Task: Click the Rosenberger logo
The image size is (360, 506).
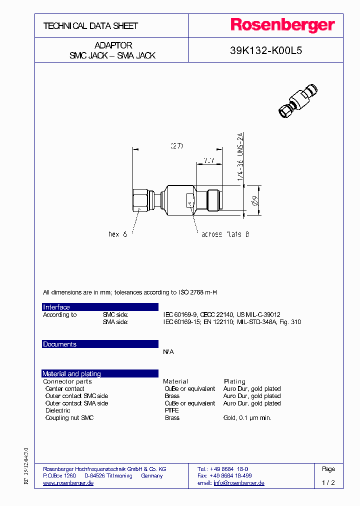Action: tap(282, 25)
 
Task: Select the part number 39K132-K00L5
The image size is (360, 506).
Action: tap(265, 50)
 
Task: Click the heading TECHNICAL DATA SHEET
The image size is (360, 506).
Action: tap(90, 26)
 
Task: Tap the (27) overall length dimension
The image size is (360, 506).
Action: tap(177, 146)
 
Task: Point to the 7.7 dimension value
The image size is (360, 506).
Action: tap(208, 160)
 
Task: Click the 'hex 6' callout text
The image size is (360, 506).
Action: tap(117, 234)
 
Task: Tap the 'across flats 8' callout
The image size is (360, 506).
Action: tap(224, 234)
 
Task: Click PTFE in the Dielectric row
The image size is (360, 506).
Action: tap(171, 410)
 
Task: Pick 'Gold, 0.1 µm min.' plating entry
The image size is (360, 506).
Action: tap(247, 417)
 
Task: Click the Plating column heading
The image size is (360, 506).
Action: tap(234, 381)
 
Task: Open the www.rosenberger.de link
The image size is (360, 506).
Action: tap(68, 483)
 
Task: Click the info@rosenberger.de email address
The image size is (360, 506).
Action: tap(239, 483)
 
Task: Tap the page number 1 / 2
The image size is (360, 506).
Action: tap(328, 483)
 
